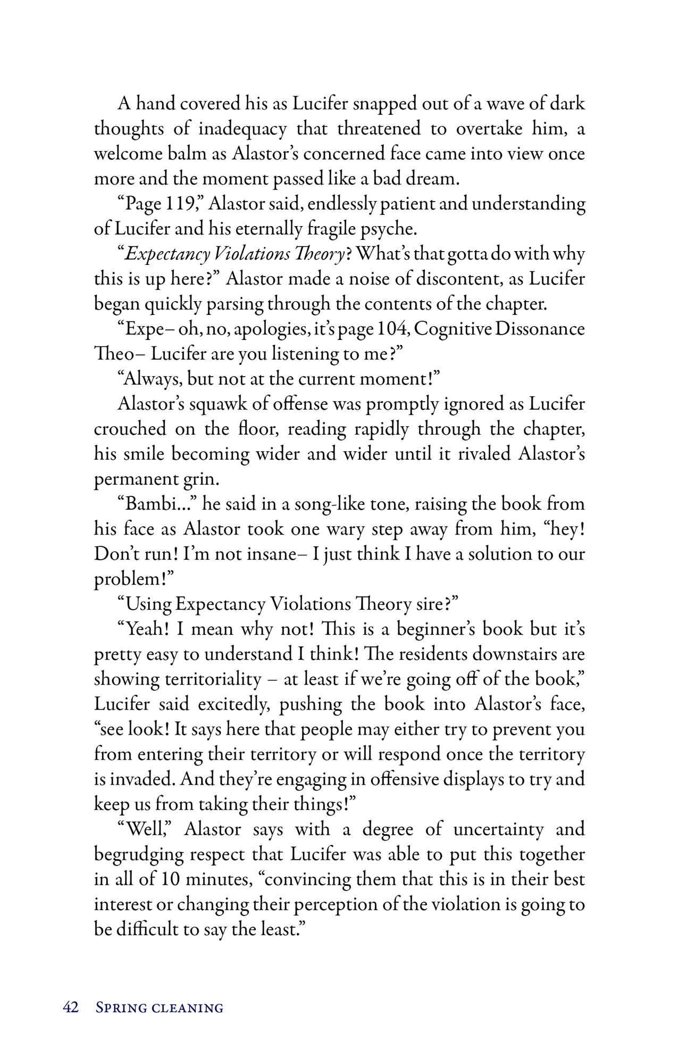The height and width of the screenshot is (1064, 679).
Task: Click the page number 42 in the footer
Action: pyautogui.click(x=71, y=1007)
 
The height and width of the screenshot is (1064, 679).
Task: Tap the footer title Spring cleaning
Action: pyautogui.click(x=160, y=1008)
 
